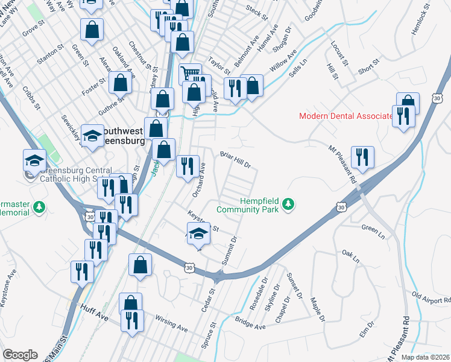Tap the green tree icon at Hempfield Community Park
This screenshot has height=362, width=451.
point(289,205)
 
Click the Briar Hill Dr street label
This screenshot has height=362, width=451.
point(235,160)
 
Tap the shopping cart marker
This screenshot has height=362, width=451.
point(190,74)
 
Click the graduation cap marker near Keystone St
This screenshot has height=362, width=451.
point(198,234)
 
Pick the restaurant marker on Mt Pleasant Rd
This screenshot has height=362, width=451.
point(362,157)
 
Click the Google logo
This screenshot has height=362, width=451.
point(20,355)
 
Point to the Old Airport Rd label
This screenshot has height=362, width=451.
point(431,297)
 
